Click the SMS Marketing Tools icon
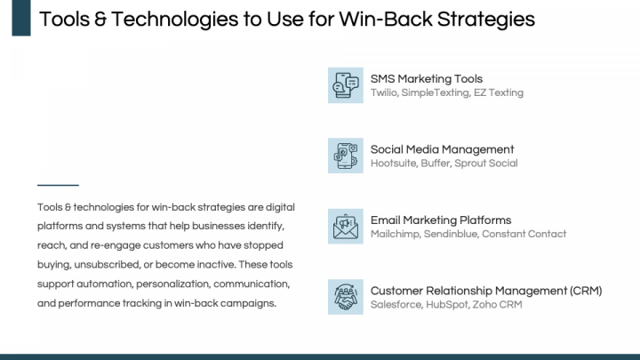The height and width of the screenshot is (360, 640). pyautogui.click(x=345, y=84)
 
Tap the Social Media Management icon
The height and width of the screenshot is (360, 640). pyautogui.click(x=345, y=156)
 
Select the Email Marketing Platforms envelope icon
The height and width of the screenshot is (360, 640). pyautogui.click(x=345, y=227)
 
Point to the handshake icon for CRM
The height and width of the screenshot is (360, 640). pyautogui.click(x=345, y=297)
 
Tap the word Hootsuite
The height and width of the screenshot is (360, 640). pyautogui.click(x=395, y=164)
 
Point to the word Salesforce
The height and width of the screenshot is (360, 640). pyautogui.click(x=396, y=305)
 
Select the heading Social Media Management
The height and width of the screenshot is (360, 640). pyautogui.click(x=442, y=149)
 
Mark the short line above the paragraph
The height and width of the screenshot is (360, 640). pyautogui.click(x=58, y=185)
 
